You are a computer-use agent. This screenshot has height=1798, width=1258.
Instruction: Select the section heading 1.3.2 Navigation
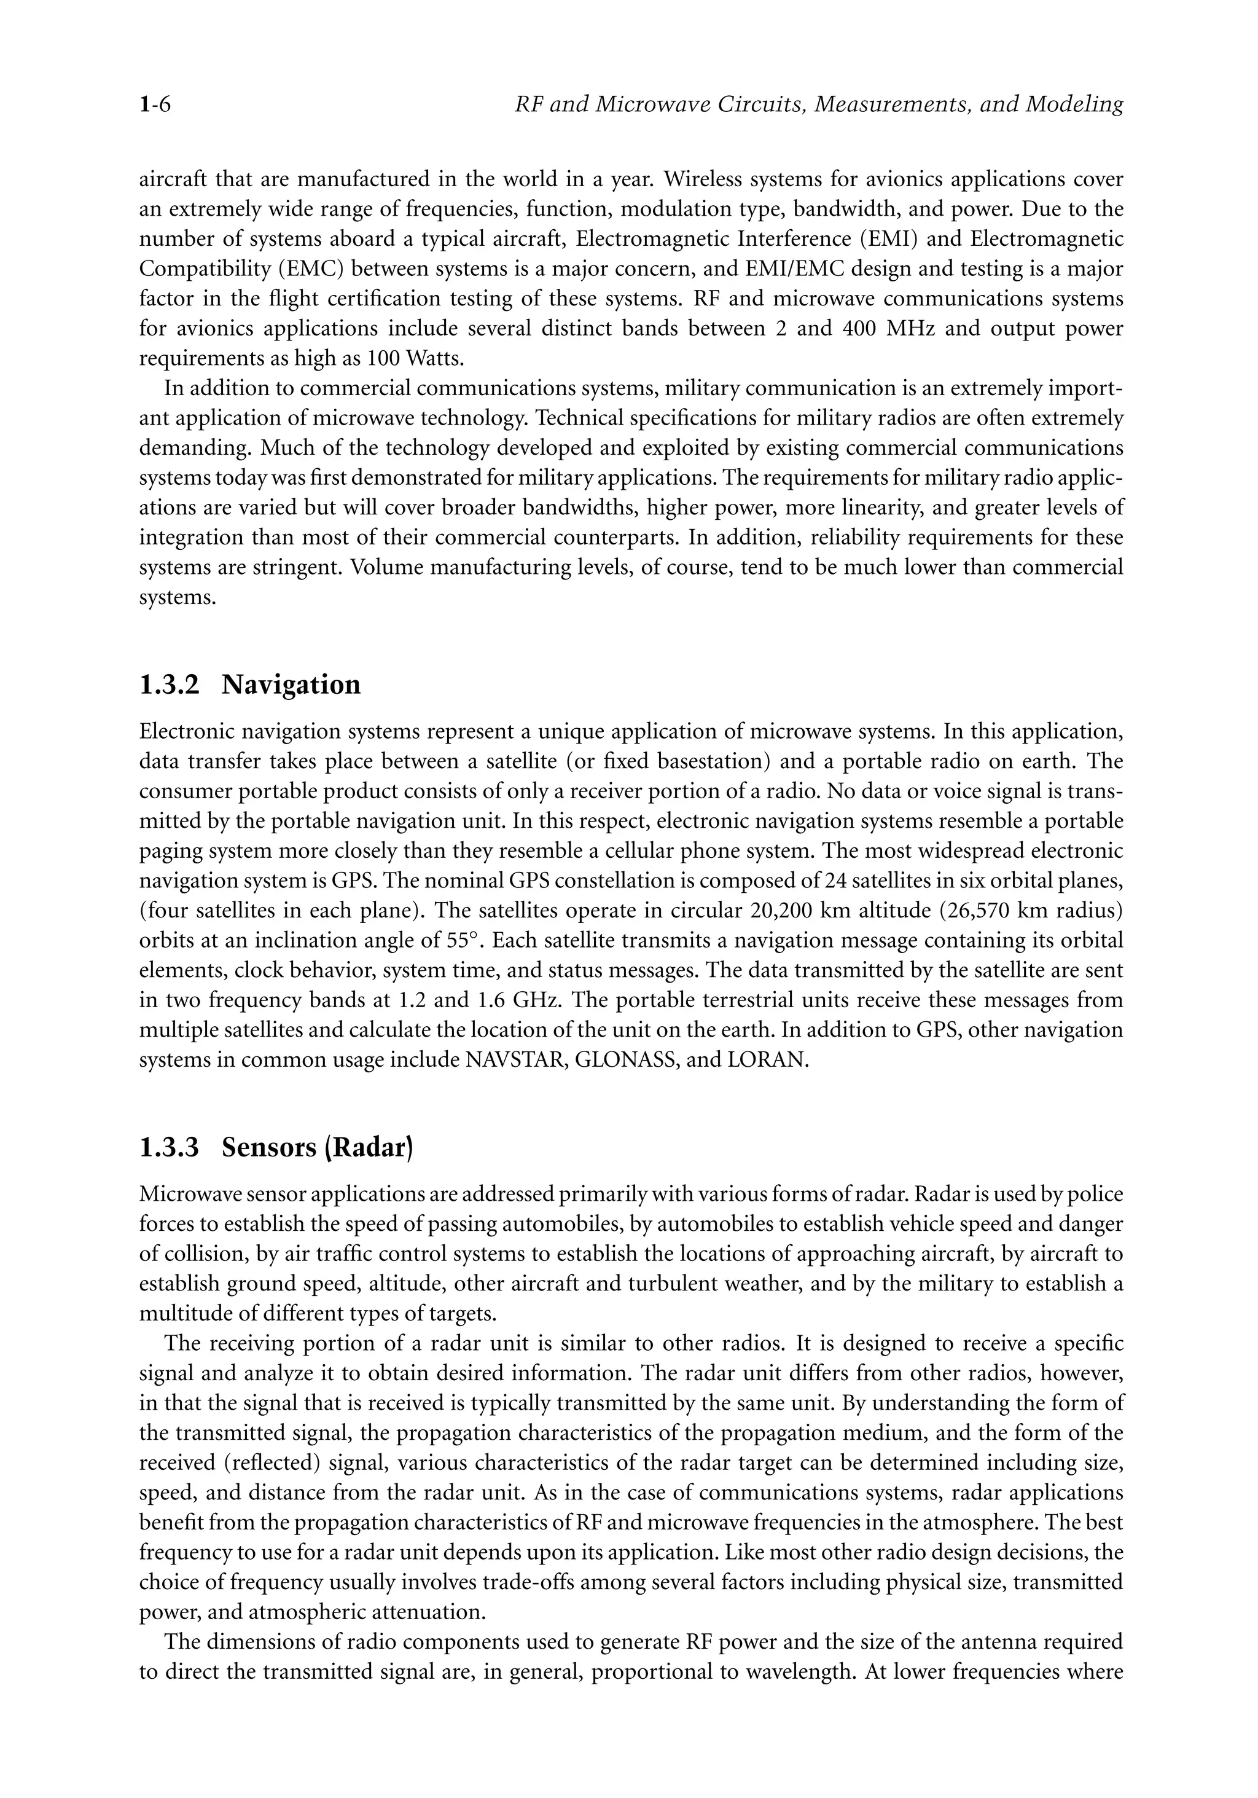click(250, 685)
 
